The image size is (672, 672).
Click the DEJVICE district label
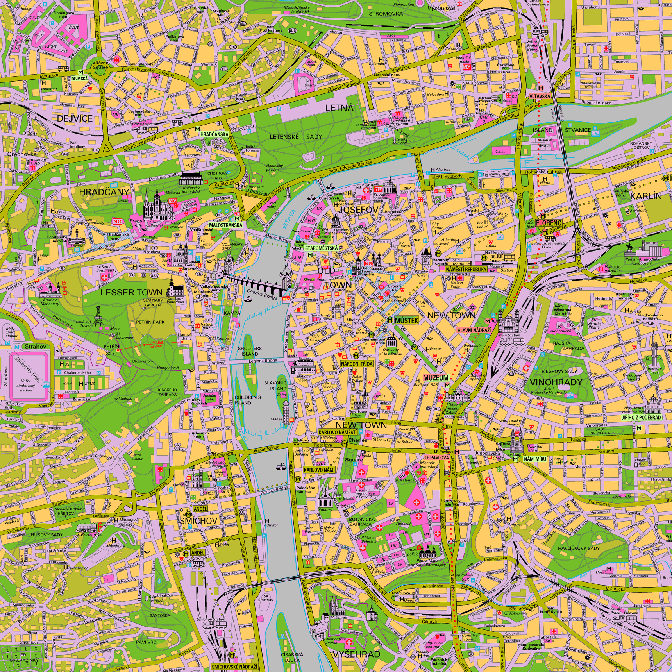pos(75,119)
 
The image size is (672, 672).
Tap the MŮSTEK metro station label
pos(406,320)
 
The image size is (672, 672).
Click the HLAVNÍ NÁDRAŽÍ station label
pos(474,330)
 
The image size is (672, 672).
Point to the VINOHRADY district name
pos(556,382)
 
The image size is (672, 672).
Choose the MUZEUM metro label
pos(436,378)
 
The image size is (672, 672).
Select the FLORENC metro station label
pos(549,223)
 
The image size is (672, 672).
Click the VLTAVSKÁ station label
pos(540,96)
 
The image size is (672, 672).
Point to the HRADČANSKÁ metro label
pos(214,134)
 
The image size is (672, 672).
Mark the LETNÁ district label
pos(339,108)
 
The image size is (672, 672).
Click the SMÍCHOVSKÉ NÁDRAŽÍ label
pos(234,667)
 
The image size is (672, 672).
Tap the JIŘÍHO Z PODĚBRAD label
pos(641,417)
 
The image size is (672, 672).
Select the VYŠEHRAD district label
pos(356,654)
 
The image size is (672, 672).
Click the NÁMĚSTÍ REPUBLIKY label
pos(466,269)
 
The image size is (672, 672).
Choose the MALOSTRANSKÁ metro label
pos(225,225)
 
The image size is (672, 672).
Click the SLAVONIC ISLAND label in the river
pos(275,386)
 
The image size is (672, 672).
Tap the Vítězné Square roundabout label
pos(100,65)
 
